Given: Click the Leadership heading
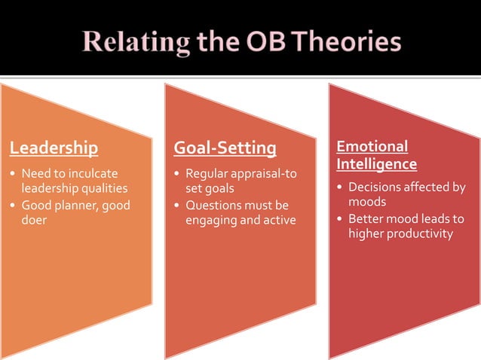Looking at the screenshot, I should (x=54, y=147).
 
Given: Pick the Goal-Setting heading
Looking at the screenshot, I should (x=225, y=147).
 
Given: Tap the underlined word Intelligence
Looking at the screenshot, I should (x=376, y=163).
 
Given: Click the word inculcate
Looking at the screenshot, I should (x=94, y=173).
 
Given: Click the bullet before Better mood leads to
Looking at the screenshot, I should (x=340, y=218).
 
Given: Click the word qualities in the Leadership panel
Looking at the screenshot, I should (x=102, y=188).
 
